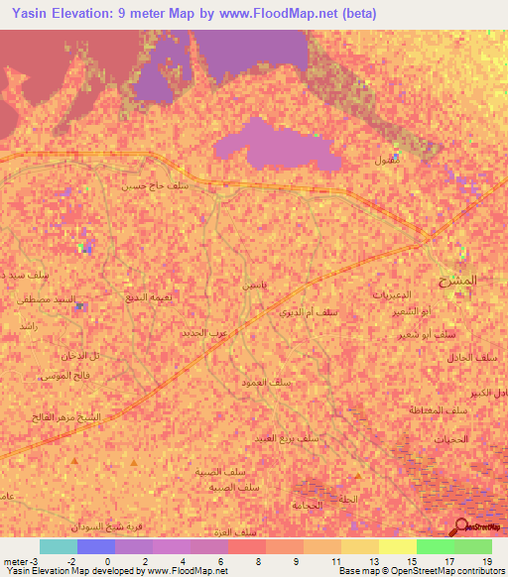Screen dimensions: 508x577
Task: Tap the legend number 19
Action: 486,560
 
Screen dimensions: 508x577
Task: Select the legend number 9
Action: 296,560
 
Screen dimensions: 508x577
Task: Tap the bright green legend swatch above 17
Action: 436,546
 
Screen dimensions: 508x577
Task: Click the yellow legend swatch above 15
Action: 398,546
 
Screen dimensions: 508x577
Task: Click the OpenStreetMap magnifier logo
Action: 463,528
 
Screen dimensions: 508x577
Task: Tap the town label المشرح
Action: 457,281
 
